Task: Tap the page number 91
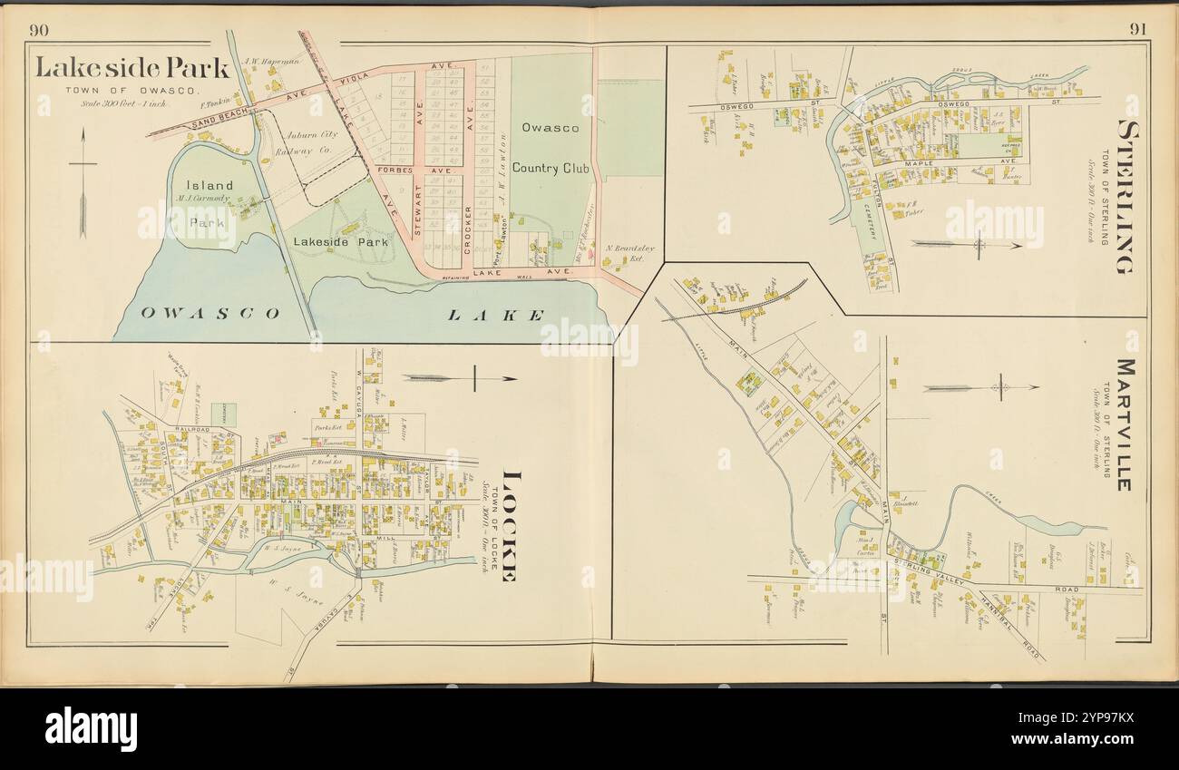(1137, 29)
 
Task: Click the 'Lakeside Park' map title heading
(132, 67)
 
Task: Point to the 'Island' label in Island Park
(209, 185)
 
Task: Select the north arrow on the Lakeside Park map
(83, 181)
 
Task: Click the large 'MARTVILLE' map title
(1123, 424)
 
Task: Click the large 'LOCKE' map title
(508, 526)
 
